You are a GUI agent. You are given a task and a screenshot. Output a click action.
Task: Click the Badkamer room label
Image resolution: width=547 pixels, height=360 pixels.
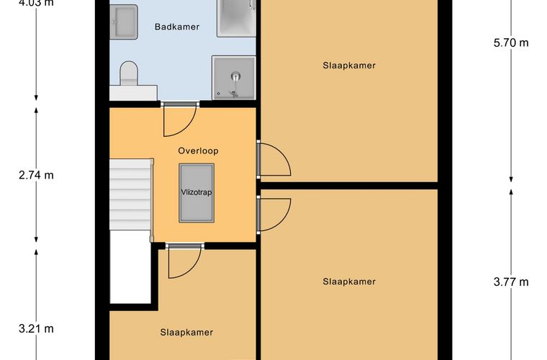(177, 27)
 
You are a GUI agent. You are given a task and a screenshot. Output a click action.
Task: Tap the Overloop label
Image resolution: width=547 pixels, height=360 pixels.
(198, 150)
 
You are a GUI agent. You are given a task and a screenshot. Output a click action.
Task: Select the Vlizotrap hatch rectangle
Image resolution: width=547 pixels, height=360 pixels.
(196, 193)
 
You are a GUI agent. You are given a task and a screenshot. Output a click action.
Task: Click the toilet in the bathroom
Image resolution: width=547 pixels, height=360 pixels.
(129, 73)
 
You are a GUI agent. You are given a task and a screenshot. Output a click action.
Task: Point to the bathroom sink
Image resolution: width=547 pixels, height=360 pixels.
(124, 22)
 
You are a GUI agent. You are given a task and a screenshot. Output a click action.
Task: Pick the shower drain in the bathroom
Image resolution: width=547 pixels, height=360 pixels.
(236, 76)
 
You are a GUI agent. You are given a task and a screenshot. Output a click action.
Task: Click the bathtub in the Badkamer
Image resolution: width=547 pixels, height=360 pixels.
(236, 17)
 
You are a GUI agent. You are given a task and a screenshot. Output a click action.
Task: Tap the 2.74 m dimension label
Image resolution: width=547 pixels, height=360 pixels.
(36, 175)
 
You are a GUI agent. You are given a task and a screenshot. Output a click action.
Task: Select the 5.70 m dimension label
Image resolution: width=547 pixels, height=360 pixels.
(511, 43)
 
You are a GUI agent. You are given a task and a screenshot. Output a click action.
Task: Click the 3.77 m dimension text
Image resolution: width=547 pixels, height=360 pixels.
(511, 282)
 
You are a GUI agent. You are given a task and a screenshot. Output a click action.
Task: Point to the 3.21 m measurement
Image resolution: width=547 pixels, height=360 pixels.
(36, 328)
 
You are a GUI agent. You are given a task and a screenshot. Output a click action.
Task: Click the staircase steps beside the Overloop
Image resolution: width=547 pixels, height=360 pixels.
(130, 194)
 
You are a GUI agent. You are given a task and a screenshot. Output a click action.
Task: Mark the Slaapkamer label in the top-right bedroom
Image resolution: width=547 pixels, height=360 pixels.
(349, 66)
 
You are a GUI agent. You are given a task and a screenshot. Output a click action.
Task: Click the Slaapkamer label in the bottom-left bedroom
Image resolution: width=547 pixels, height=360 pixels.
(186, 333)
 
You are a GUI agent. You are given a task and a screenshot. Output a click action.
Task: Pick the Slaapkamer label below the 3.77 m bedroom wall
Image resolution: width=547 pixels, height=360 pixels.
(349, 282)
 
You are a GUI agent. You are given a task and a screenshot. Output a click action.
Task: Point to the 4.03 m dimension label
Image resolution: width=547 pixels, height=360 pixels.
(36, 3)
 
